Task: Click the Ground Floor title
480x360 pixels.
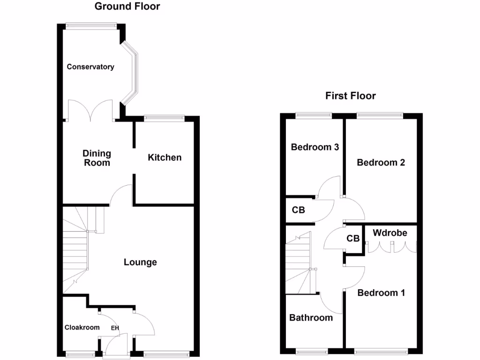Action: click(127, 7)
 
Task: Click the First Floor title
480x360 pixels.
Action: click(351, 96)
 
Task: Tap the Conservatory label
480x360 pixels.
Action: click(90, 67)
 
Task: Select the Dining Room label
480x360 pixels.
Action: click(97, 158)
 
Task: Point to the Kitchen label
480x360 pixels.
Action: click(165, 157)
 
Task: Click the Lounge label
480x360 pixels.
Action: click(140, 262)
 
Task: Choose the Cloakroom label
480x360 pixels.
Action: click(82, 327)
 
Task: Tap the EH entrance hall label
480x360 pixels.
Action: click(115, 328)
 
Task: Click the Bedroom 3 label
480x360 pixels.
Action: click(315, 147)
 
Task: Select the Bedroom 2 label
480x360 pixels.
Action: click(381, 163)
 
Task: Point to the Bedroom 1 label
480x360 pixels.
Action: click(381, 293)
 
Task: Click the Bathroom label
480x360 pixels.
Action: click(311, 318)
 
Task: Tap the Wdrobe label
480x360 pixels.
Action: click(390, 233)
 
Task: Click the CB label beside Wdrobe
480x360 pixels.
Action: click(353, 239)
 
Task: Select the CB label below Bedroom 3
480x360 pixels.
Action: click(298, 210)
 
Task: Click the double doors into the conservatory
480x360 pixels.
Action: click(90, 112)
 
